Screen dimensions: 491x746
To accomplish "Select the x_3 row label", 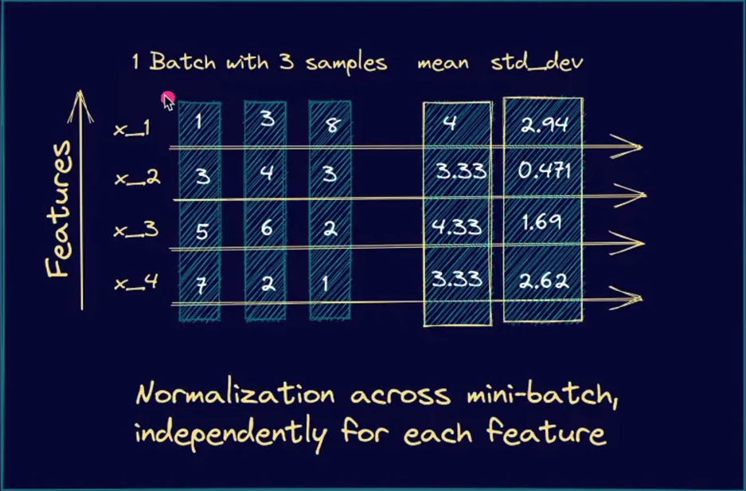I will coord(135,231).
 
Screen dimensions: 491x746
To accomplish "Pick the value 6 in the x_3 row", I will coord(266,229).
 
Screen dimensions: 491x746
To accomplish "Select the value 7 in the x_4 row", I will coord(201,285).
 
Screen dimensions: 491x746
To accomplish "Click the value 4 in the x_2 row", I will coord(266,173).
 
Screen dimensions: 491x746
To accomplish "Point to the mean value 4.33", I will coord(457,227).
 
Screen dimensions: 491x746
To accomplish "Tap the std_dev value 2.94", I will coord(543,123).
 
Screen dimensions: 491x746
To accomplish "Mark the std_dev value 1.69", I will coord(542,222).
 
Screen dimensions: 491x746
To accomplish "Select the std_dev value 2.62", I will coord(543,280).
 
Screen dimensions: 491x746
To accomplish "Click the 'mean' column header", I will coord(443,63).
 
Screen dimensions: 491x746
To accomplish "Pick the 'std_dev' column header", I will coord(537,63).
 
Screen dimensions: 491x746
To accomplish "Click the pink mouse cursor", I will coord(167,100).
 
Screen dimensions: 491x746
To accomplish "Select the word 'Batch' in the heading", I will coord(182,63).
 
